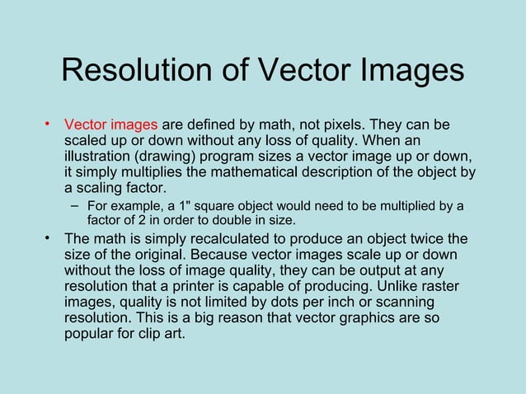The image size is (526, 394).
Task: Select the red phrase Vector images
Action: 110,125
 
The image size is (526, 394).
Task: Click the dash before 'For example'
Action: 74,205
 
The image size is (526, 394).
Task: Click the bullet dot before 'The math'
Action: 49,239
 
